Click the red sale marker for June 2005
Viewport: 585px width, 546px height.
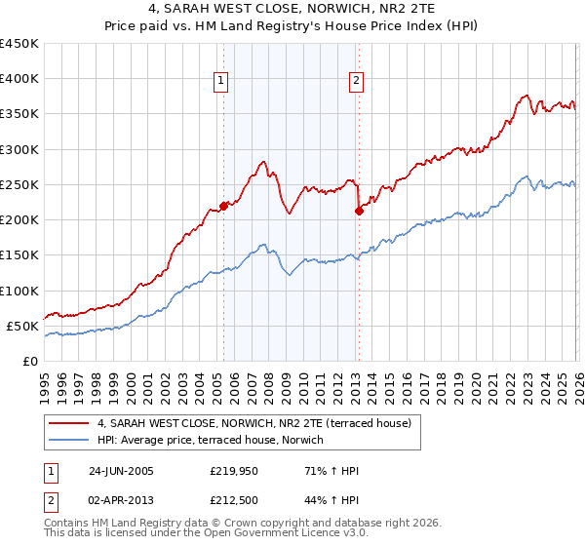tap(223, 205)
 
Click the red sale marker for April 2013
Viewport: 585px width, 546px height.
tap(359, 210)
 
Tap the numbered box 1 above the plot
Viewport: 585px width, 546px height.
tap(223, 81)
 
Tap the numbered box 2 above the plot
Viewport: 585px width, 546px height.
tap(357, 81)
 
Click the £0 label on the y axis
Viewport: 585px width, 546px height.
tap(29, 361)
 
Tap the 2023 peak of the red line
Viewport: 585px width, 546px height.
tap(526, 96)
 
